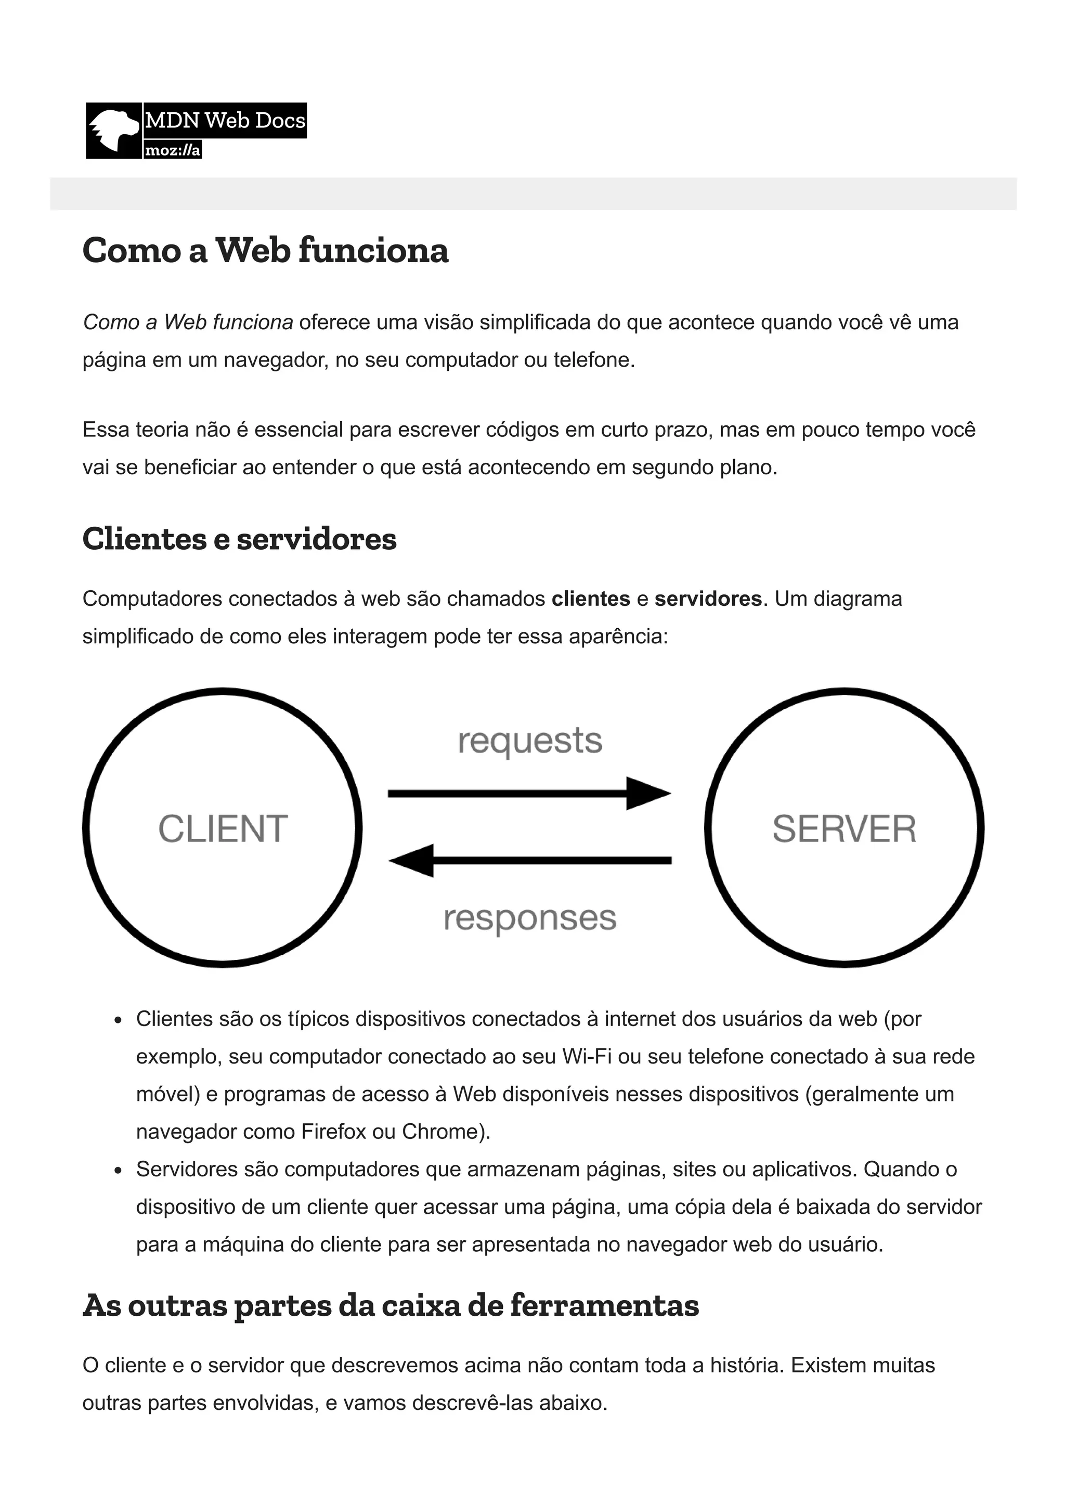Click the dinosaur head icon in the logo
coord(114,131)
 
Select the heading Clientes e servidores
coord(239,539)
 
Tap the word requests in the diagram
coord(530,741)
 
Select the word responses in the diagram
coord(530,918)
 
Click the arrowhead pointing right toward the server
coord(647,794)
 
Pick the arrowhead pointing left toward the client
coord(412,860)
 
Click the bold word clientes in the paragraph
coord(591,599)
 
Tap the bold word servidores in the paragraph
coord(708,599)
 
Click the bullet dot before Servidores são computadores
coord(118,1171)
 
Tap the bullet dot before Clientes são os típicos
coord(118,1020)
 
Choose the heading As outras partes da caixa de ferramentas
coord(391,1306)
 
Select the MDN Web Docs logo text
coord(225,121)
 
